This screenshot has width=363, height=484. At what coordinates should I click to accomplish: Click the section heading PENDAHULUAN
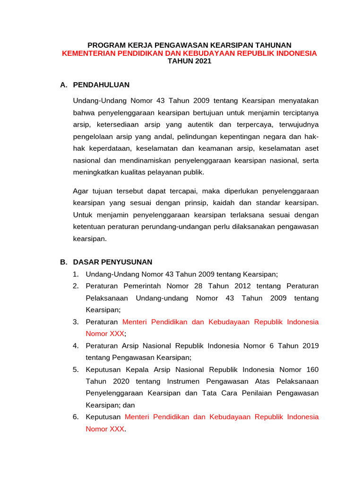(x=101, y=85)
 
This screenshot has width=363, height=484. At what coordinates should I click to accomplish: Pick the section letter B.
(x=63, y=262)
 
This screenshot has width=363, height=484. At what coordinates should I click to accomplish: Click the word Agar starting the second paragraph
(x=81, y=191)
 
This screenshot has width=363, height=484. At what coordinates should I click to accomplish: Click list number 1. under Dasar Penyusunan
(x=76, y=274)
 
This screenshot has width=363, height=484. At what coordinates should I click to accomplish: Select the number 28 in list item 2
(x=199, y=286)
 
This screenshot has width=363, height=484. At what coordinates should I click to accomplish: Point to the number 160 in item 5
(x=312, y=369)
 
